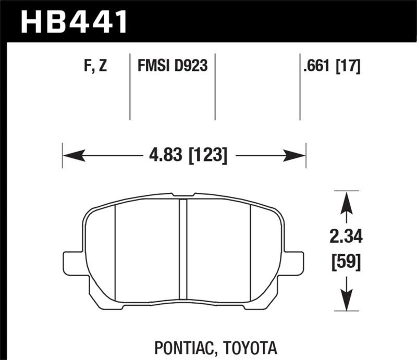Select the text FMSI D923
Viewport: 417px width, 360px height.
(173, 66)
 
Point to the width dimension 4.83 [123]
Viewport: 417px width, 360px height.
(184, 155)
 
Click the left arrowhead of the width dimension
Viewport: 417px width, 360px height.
(71, 155)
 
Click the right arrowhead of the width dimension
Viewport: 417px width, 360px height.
(297, 155)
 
